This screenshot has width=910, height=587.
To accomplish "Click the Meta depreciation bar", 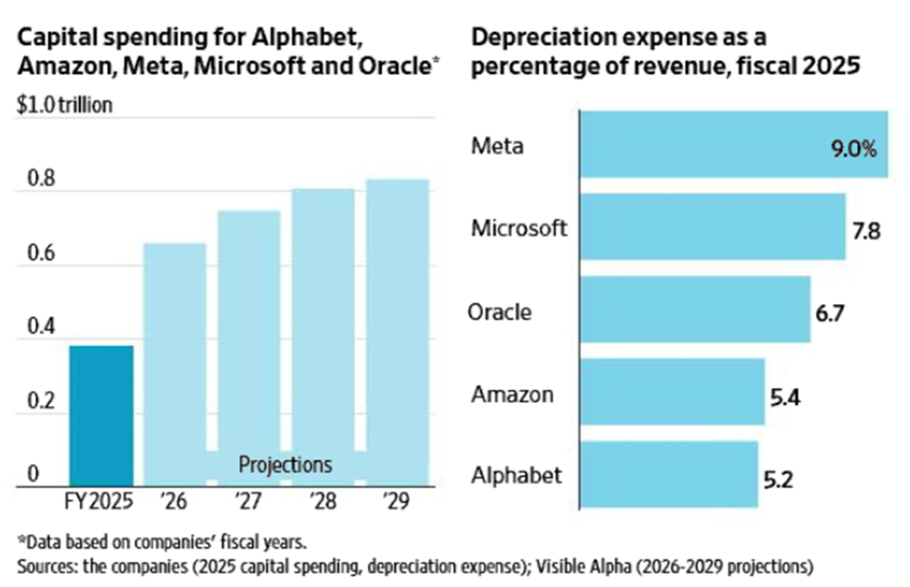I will tap(716, 144).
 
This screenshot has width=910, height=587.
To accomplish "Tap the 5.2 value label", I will tap(777, 479).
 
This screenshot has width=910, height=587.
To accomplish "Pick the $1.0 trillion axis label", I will tap(64, 107).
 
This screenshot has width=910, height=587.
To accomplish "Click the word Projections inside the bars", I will tap(286, 464).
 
